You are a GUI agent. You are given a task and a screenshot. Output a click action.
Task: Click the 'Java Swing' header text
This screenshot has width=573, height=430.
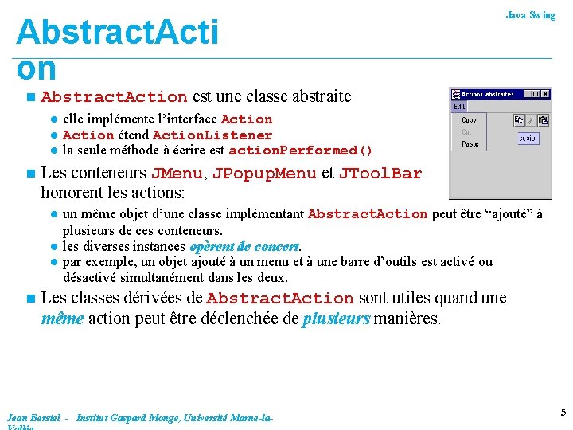531,15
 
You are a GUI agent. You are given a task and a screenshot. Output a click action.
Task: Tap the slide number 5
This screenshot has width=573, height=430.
563,412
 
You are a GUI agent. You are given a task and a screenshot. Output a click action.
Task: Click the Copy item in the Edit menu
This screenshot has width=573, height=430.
470,120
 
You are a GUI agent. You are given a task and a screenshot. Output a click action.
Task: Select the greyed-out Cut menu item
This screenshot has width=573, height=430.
468,132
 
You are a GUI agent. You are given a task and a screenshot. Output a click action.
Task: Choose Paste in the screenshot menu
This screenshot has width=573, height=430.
470,144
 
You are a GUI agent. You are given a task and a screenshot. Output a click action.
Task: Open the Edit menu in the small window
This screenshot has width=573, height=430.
460,107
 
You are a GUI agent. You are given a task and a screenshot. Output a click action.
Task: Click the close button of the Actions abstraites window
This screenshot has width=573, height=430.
546,94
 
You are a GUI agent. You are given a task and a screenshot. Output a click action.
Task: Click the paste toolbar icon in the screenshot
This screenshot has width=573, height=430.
543,120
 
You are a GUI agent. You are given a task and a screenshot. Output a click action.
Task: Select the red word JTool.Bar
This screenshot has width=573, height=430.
380,174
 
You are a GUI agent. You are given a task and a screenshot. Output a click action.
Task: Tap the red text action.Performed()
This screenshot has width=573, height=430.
300,150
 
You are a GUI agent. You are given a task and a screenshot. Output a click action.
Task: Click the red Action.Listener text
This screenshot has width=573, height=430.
212,135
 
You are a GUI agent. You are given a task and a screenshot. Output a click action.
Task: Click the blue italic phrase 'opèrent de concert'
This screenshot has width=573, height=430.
244,247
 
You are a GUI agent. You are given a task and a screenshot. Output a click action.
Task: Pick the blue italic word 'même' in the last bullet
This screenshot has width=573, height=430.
62,319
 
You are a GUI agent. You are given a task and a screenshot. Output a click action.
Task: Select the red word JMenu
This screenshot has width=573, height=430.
177,174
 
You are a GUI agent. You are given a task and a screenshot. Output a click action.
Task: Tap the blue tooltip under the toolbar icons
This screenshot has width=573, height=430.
528,138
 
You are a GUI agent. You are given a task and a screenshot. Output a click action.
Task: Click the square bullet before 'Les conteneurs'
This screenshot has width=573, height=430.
29,174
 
